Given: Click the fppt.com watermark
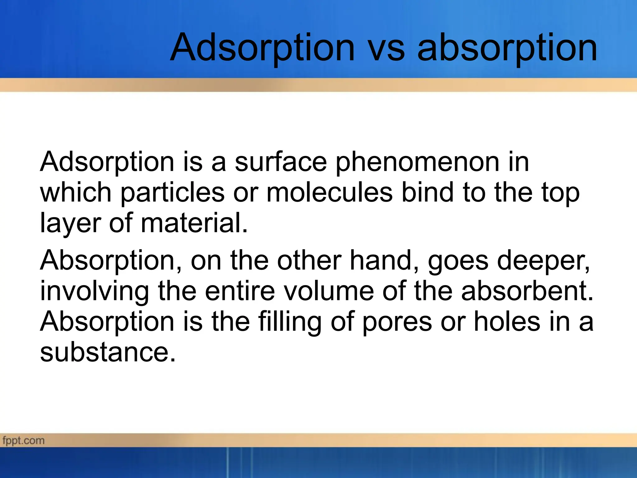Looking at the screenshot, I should click(x=24, y=441).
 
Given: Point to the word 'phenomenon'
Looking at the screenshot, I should click(x=417, y=162).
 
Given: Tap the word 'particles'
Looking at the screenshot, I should click(x=173, y=193).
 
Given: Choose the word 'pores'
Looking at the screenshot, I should click(x=397, y=322).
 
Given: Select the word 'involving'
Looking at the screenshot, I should click(x=95, y=291).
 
